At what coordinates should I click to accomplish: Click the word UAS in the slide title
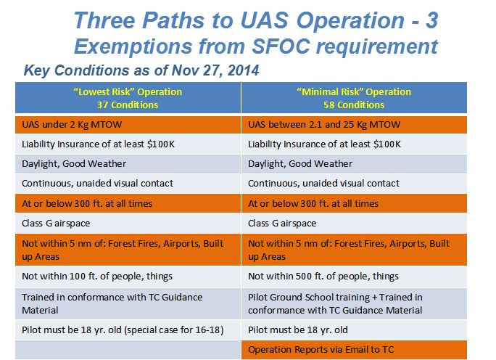(264, 20)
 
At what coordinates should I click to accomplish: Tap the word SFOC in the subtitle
(281, 46)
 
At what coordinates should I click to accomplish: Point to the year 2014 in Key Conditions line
(243, 70)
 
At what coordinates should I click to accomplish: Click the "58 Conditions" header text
(354, 105)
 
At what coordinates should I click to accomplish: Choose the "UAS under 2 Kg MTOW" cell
(128, 124)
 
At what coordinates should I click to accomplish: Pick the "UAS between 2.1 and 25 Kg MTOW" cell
(354, 124)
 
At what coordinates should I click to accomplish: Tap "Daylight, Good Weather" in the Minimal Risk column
(300, 164)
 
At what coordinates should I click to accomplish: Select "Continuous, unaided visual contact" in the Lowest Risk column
(97, 184)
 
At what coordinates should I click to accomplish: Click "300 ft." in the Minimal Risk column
(313, 203)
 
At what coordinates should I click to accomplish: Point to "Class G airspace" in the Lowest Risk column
(56, 224)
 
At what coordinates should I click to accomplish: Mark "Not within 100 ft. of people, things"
(97, 276)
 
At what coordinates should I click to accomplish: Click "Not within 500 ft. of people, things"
(323, 276)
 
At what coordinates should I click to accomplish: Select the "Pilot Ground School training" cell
(354, 303)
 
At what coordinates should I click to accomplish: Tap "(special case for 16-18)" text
(173, 330)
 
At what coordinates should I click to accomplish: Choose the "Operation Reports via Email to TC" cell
(354, 350)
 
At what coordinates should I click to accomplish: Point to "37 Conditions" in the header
(128, 105)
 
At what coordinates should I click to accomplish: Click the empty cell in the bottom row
(128, 350)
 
